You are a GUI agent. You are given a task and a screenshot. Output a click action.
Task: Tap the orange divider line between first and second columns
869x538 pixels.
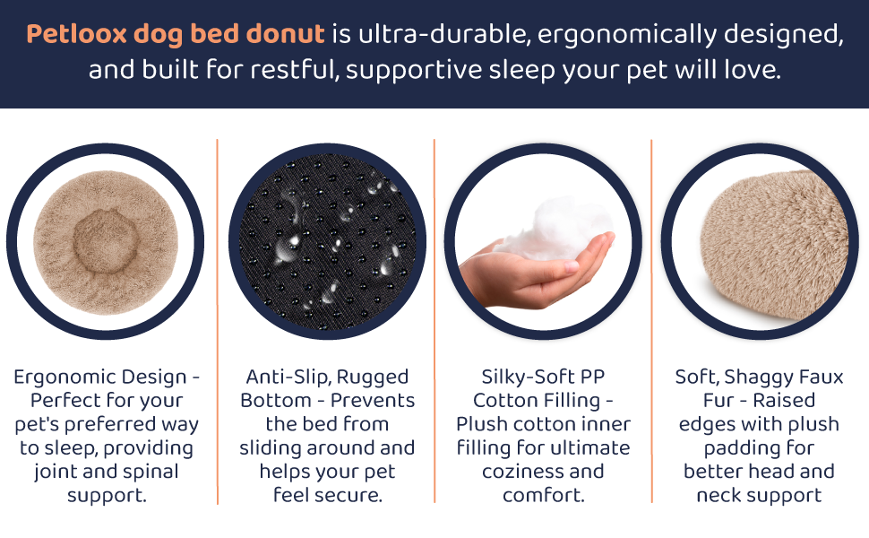[x=218, y=323]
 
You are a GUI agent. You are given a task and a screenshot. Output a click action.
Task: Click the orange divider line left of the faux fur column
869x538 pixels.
[x=652, y=323]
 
